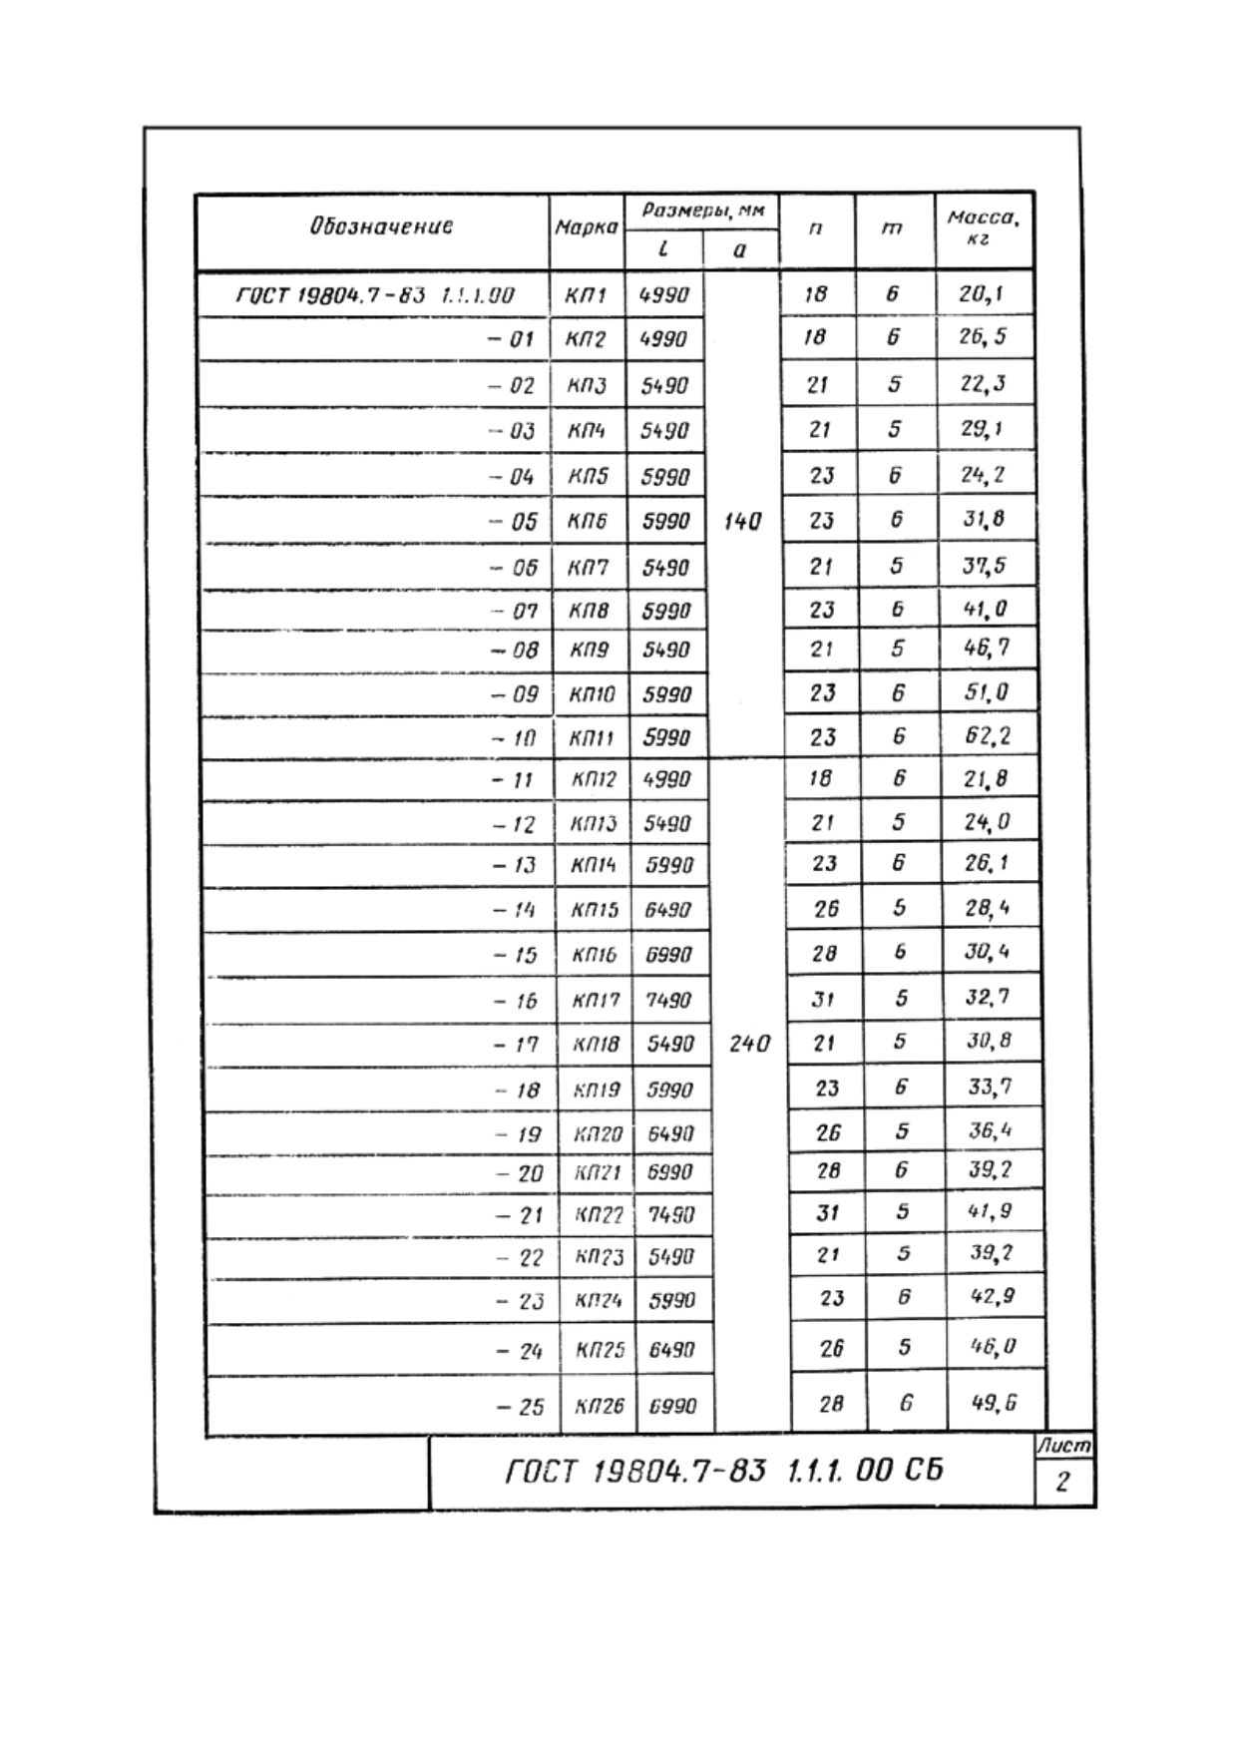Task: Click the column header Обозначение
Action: pos(381,226)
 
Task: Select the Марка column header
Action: pos(587,227)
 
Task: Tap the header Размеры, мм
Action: pos(703,211)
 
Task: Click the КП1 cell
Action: pos(586,295)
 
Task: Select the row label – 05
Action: pos(513,522)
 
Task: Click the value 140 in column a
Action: pos(742,521)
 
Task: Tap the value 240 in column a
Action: pos(749,1044)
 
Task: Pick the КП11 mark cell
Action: pos(592,739)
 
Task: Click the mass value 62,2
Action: pos(988,736)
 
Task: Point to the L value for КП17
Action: pos(668,1000)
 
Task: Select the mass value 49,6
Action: pos(995,1403)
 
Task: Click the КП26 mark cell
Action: pos(599,1407)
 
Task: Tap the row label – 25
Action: pos(520,1407)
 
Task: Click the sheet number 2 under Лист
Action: pos(1062,1482)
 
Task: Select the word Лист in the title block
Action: pos(1063,1445)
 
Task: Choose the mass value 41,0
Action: pos(986,609)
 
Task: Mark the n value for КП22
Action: pos(828,1213)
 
